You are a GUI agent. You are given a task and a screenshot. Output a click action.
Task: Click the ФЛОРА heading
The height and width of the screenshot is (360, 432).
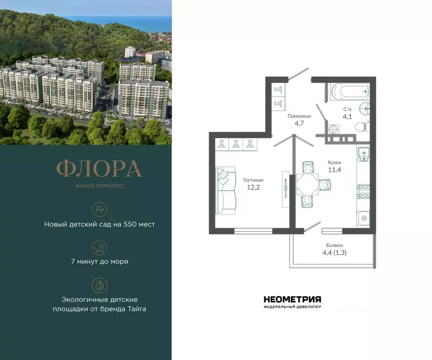click(x=99, y=169)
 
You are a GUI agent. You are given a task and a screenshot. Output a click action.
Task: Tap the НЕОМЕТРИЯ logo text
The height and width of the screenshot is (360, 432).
click(x=292, y=299)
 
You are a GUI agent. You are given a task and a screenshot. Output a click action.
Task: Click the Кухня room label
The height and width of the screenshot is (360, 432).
click(x=334, y=163)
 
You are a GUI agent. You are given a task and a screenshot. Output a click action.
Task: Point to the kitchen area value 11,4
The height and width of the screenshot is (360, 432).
click(x=334, y=170)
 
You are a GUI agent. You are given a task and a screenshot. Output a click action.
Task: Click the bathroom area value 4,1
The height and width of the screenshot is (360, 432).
click(x=348, y=117)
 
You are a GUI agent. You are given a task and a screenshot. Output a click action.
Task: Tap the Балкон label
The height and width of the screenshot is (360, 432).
click(x=334, y=245)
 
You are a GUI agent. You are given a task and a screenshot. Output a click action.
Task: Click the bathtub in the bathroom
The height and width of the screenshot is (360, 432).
click(x=349, y=92)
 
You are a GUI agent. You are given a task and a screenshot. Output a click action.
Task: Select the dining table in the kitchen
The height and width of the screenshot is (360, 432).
click(x=307, y=183)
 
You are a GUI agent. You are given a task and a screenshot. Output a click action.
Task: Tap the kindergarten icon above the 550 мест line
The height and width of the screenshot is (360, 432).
click(x=99, y=209)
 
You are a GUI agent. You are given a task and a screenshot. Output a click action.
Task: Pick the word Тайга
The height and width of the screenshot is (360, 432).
click(x=136, y=309)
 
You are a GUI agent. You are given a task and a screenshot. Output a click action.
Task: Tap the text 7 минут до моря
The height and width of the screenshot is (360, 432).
click(x=99, y=262)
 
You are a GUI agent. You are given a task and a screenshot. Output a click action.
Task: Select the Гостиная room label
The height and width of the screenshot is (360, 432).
click(x=253, y=180)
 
